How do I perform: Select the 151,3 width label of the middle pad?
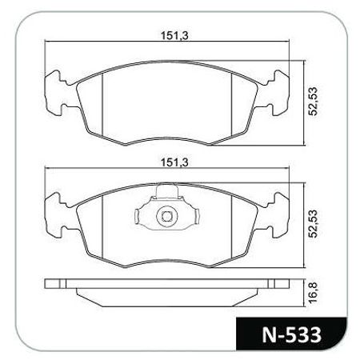(170, 162)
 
